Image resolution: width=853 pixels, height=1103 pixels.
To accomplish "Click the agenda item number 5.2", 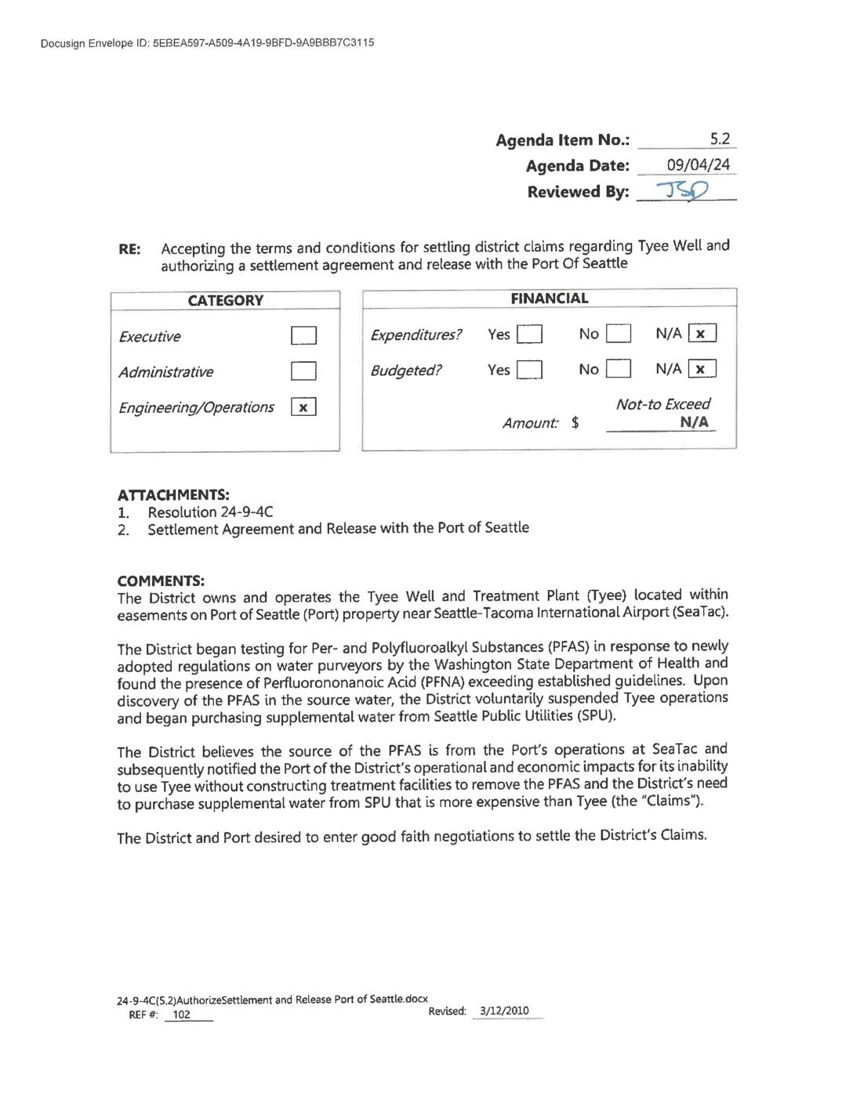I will (x=720, y=139).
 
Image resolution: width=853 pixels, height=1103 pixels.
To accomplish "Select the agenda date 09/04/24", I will (x=698, y=165).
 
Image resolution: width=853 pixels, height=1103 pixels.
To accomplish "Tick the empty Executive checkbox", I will (x=303, y=336).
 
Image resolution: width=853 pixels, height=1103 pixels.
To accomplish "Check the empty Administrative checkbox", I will (x=303, y=371).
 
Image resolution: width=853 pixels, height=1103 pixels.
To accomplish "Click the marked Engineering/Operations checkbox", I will (x=303, y=407).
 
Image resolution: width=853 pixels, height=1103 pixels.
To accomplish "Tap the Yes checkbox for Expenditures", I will (x=530, y=335).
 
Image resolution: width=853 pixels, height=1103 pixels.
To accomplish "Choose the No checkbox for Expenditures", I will (x=619, y=335).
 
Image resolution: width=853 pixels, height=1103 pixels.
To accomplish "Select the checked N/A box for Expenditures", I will (x=702, y=334).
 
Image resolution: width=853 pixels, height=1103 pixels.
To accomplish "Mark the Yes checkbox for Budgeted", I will (x=530, y=370).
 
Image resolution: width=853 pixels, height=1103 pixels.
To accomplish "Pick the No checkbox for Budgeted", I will (x=619, y=369).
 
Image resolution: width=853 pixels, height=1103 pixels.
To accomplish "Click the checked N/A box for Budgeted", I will (x=702, y=369).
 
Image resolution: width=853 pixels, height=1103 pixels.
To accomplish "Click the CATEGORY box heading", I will (x=226, y=301).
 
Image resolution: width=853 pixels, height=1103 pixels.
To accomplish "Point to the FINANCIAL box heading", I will (x=549, y=298).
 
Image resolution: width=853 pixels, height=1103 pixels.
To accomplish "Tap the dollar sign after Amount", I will (x=575, y=423).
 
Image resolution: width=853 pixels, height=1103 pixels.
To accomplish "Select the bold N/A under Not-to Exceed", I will (x=694, y=422).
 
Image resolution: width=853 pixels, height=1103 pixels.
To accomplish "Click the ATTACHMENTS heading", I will (x=173, y=495).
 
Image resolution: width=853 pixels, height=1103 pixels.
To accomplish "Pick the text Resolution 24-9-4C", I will (x=210, y=512).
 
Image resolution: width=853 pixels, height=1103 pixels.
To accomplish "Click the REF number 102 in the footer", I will (x=181, y=1014).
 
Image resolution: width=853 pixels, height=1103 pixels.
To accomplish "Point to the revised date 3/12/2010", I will (x=504, y=1011).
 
